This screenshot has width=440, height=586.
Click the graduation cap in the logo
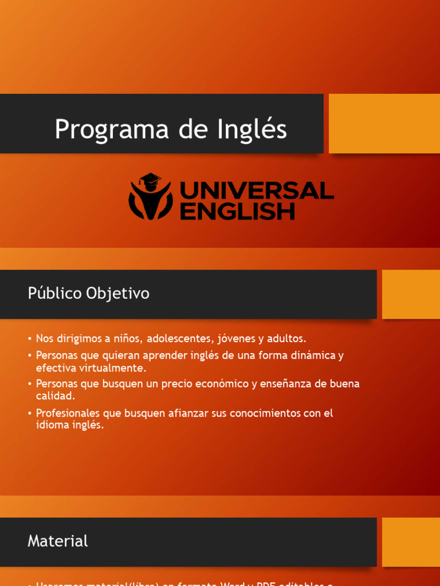coord(151,181)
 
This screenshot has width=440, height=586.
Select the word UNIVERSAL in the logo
coord(257,191)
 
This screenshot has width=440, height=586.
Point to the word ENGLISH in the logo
coord(237,211)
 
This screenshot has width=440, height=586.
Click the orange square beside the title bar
coord(384,124)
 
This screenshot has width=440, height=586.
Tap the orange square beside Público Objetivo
coord(411,294)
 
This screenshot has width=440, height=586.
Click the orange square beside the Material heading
coord(411,542)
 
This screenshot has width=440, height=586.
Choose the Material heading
coord(58,541)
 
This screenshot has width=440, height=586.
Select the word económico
coord(219,383)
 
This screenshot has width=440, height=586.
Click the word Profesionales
coord(68,413)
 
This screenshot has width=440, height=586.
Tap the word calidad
coord(54,396)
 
